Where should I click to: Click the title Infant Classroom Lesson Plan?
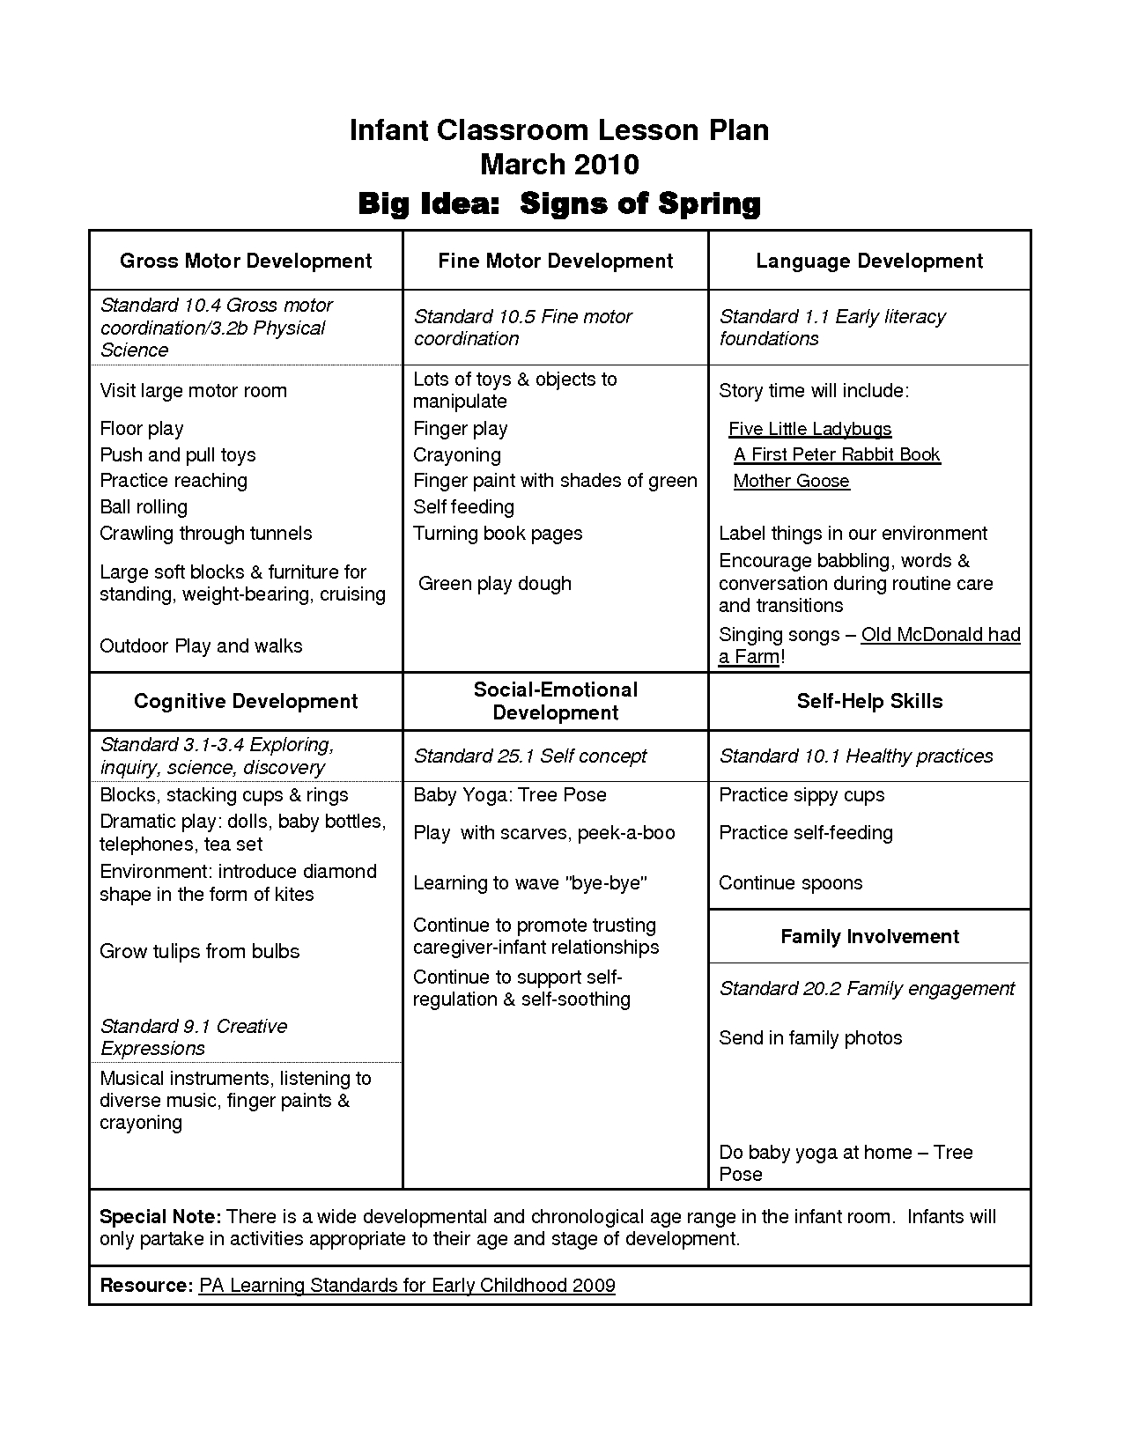click(x=559, y=130)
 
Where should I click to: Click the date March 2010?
click(x=559, y=165)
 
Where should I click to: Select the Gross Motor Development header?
click(x=246, y=261)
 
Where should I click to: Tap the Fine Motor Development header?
click(x=555, y=261)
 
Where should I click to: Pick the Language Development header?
click(x=869, y=261)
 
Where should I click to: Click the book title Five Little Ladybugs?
click(x=809, y=429)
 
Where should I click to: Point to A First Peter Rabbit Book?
click(x=837, y=454)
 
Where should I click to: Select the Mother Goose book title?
click(x=791, y=481)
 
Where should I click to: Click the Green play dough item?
click(x=494, y=584)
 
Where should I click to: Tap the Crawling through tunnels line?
click(x=205, y=534)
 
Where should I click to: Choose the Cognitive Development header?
click(x=246, y=701)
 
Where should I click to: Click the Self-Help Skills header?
click(x=869, y=701)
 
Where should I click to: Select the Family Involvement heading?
click(x=869, y=936)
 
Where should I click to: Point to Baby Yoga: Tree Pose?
click(x=509, y=795)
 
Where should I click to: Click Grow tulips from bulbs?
click(x=199, y=951)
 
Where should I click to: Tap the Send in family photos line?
click(x=810, y=1037)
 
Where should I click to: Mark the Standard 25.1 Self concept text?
click(x=529, y=756)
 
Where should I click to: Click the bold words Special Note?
click(x=160, y=1217)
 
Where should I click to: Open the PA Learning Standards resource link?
click(x=407, y=1285)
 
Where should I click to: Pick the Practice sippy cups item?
click(x=802, y=795)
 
